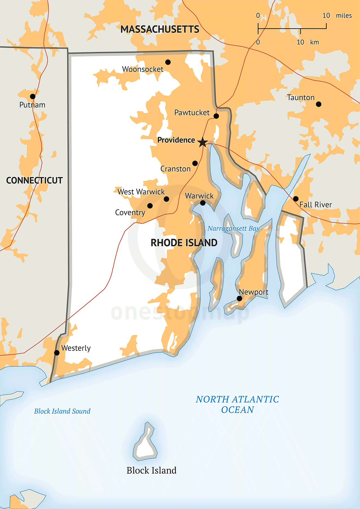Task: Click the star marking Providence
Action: pos(203,142)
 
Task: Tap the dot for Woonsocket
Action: pos(168,62)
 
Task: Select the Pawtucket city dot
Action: pos(216,116)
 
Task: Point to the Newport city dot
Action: pos(239,298)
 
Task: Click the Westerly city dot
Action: pos(57,353)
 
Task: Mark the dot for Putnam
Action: pos(33,96)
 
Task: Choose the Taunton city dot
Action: pos(318,104)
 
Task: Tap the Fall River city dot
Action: pos(296,199)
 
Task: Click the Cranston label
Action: pos(175,169)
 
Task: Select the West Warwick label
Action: pos(141,192)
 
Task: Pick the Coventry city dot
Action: pos(150,206)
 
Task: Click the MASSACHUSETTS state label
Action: pos(160,29)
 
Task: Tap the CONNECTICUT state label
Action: pos(34,180)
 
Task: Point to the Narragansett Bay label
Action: pos(233,228)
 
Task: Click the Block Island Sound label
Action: pos(62,411)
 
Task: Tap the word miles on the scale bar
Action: pos(344,16)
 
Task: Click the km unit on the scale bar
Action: pos(315,42)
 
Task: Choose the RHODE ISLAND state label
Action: pos(184,243)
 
